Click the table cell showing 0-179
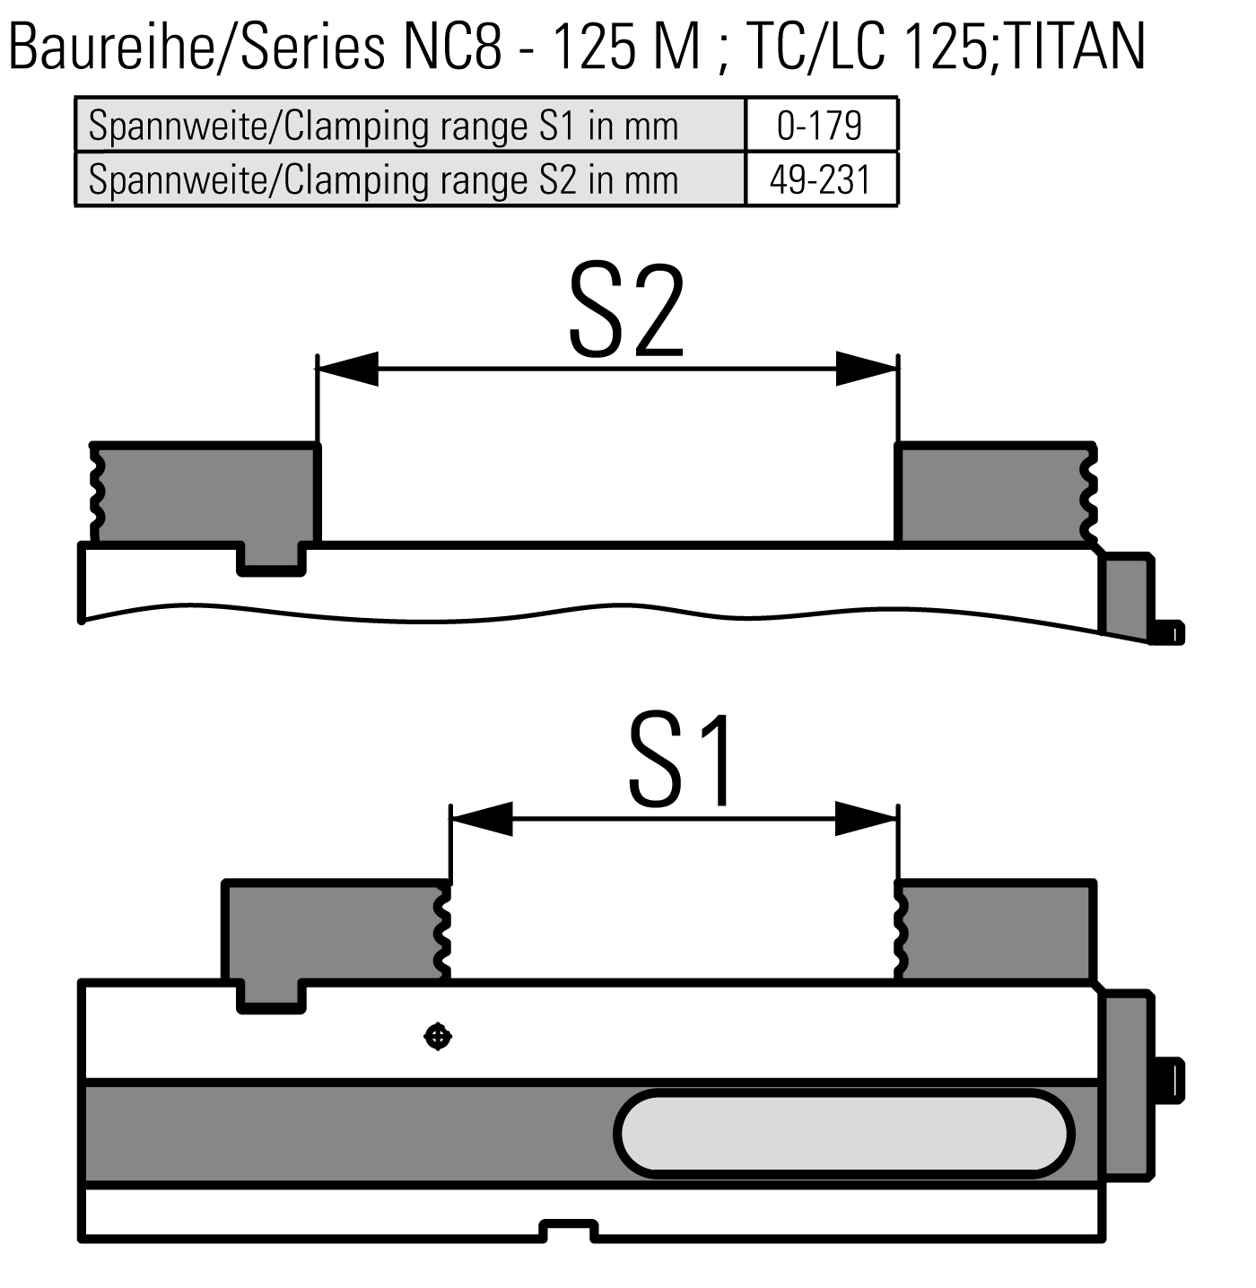[x=820, y=126]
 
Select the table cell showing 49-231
[x=820, y=180]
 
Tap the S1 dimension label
[x=682, y=761]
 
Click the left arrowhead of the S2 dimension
[x=348, y=368]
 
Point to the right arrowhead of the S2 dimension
[x=866, y=368]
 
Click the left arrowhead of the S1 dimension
[x=482, y=818]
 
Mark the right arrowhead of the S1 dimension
[x=866, y=818]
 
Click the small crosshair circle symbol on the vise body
[x=437, y=1038]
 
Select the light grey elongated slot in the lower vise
[x=843, y=1134]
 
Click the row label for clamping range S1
[x=383, y=126]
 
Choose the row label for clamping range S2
[x=383, y=180]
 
